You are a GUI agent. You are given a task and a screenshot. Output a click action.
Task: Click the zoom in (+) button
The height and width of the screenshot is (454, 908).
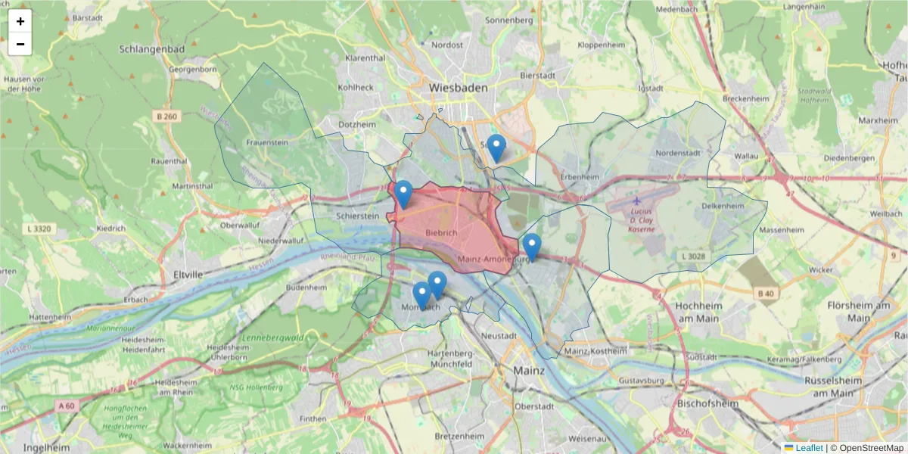pos(20,21)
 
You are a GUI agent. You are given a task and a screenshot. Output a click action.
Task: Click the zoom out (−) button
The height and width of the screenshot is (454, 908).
pos(20,44)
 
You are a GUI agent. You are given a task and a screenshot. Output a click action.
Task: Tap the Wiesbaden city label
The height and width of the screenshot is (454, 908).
pos(458,88)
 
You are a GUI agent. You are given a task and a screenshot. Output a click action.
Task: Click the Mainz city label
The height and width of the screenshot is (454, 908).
pos(529,371)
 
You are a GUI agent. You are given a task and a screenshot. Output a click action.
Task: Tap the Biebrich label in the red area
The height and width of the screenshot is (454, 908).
pos(441,232)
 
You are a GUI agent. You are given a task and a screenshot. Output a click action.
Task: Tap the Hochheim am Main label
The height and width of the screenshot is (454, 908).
pos(698,311)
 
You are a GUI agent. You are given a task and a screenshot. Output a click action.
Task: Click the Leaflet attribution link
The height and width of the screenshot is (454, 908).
pos(809,448)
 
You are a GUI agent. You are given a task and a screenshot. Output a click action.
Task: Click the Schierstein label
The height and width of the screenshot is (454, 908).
pos(357,216)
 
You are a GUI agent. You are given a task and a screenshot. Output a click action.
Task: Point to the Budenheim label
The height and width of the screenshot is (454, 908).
pos(306,288)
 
